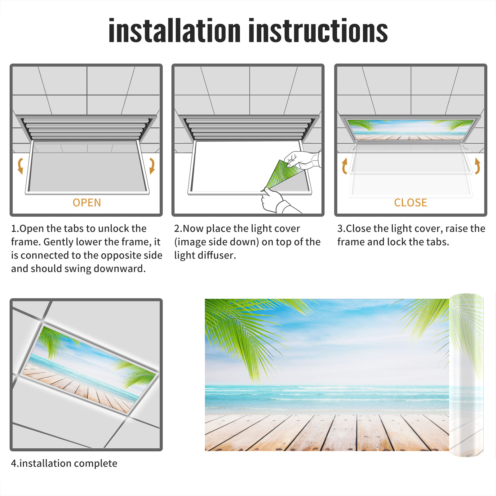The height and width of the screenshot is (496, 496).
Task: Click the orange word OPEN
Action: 87,203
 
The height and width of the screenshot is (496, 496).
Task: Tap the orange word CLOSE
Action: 410,203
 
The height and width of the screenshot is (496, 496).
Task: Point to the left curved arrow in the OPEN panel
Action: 20,166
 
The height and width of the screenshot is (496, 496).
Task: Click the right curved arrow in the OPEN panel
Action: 152,166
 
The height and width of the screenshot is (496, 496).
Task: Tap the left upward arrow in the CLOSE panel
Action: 344,166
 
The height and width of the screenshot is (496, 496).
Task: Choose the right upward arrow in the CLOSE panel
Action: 477,166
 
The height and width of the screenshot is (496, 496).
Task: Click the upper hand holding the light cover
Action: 302,160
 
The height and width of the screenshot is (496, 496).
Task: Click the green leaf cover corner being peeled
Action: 281,174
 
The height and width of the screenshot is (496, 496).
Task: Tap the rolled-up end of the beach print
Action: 466,375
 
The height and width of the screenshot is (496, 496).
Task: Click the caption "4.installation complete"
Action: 64,463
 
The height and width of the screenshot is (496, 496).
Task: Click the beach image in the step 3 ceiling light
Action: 410,130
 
